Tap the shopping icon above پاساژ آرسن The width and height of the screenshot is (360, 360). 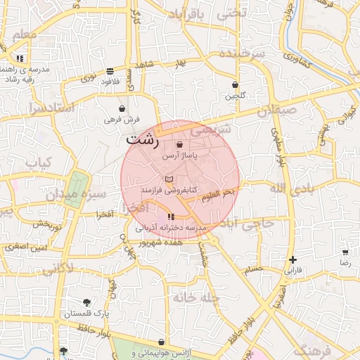180,145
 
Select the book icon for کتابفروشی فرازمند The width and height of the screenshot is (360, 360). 168,180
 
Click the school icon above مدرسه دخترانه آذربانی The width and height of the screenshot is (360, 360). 171,217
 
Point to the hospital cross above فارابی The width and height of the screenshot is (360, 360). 292,259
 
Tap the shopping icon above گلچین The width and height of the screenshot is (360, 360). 235,84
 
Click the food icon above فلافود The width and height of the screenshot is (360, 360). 110,71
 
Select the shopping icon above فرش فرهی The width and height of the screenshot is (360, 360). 123,109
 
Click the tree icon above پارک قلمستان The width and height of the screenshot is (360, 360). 87,302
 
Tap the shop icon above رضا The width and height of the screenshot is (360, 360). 345,252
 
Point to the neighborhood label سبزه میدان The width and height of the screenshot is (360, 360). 77,193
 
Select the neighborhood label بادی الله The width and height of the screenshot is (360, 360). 289,188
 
